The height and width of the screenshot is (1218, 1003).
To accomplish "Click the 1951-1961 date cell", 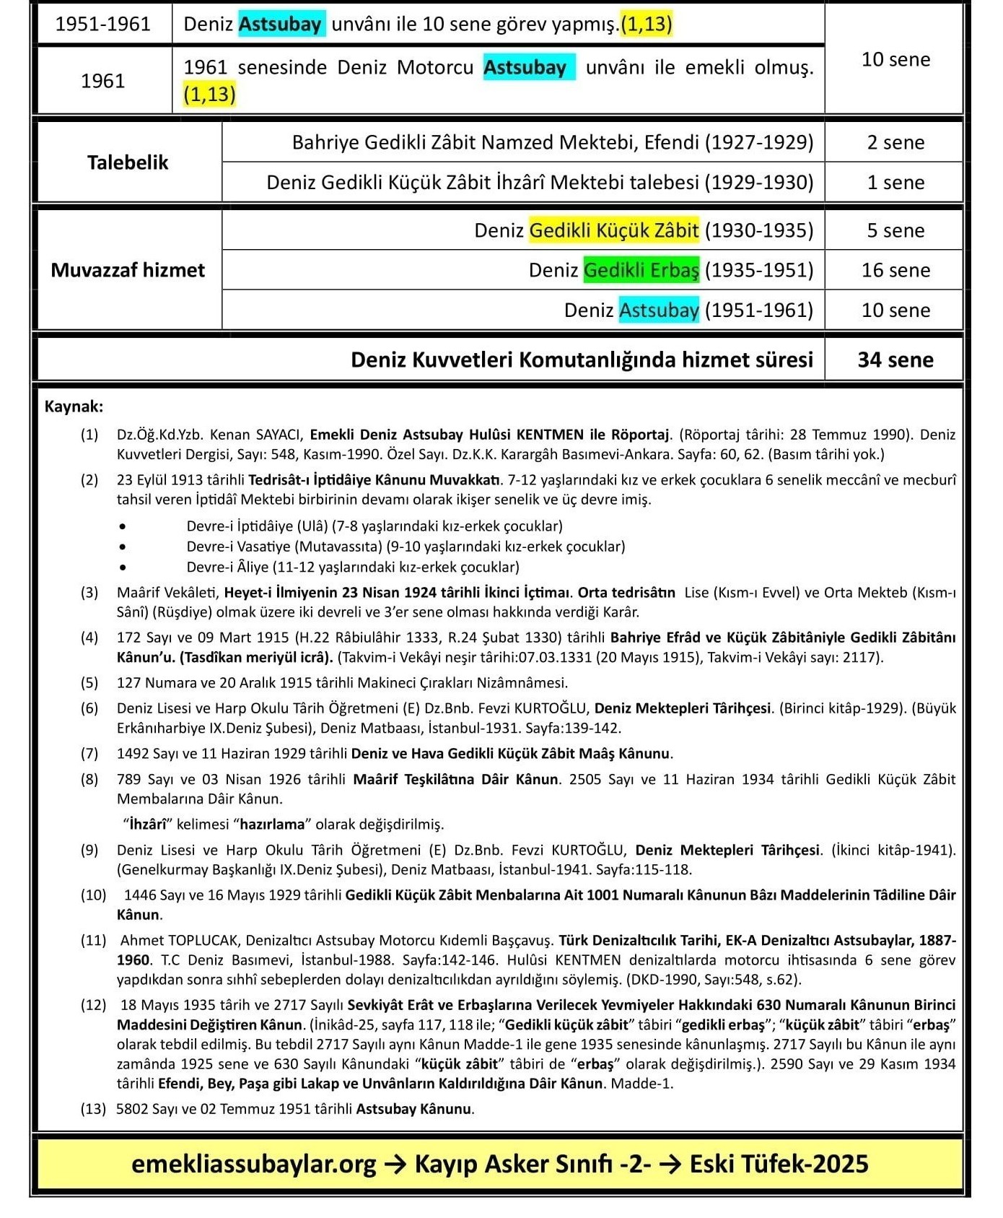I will click(x=102, y=25).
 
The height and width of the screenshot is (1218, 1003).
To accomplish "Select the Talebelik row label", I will click(x=128, y=162).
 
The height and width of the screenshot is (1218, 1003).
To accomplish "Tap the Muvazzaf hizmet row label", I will click(x=128, y=270).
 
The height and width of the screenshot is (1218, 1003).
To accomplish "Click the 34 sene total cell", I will click(x=895, y=360).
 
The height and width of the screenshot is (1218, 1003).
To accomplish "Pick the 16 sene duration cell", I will click(x=895, y=270).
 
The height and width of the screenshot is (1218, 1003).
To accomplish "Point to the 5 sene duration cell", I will click(x=895, y=230).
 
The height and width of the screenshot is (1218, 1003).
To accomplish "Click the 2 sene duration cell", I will click(x=895, y=142).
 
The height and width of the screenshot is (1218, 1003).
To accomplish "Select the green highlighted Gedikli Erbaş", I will click(x=641, y=270).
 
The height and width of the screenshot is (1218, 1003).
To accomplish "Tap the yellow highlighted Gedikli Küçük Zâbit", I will click(x=613, y=230).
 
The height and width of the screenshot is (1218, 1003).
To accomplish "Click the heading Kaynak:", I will click(x=74, y=406).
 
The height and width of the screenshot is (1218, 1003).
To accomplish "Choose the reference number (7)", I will click(x=89, y=754).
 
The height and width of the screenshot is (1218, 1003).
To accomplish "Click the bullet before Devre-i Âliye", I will click(x=124, y=567).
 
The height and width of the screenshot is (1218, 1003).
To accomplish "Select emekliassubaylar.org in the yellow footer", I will click(x=254, y=1164).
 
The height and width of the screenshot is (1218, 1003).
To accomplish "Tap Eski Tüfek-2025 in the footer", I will click(x=779, y=1164).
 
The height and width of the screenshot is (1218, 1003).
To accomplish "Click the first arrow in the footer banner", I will click(x=395, y=1164).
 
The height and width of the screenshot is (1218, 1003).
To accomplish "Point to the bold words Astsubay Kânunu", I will click(x=414, y=1109).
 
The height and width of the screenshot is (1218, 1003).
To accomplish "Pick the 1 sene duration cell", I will click(x=895, y=182).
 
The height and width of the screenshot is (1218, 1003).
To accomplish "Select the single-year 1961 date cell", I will click(x=102, y=80).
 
